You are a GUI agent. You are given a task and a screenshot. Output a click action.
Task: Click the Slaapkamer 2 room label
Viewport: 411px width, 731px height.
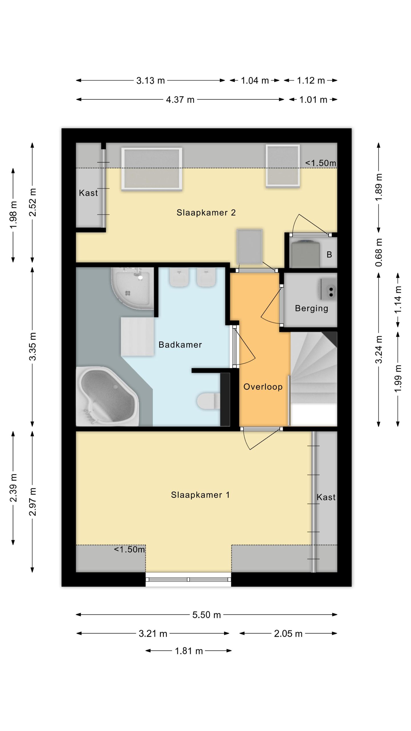point(206,213)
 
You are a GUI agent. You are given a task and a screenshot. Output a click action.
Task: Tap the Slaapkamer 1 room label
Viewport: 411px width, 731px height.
point(200,495)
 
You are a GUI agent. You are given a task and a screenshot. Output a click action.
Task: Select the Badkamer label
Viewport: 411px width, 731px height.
point(180,345)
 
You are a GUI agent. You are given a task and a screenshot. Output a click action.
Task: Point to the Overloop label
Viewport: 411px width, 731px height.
point(263,387)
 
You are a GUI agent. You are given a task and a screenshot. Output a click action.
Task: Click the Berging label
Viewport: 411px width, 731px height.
point(311,308)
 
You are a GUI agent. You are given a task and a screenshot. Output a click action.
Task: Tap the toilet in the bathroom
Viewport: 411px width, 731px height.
point(208,401)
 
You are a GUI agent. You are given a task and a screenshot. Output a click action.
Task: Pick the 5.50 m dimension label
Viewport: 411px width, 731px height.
point(207,614)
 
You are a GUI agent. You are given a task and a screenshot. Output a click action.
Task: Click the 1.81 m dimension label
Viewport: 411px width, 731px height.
point(189,651)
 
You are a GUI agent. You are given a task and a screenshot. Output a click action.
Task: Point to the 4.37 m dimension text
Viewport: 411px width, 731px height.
point(180,100)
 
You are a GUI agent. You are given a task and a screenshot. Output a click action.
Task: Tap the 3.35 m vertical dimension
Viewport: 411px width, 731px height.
point(33,346)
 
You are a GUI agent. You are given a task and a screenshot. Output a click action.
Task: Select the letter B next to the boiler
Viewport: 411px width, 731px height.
point(329,254)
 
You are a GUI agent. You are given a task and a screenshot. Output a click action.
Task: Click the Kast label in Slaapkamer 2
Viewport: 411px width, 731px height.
point(88,193)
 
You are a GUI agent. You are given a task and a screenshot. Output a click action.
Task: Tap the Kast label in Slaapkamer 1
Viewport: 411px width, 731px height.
point(326,497)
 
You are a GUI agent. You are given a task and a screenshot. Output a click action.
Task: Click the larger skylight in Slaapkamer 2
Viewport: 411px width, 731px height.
point(152,169)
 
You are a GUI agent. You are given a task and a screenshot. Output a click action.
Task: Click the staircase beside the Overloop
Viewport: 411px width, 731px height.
point(313,379)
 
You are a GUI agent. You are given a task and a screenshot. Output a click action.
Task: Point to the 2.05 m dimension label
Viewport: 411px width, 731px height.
point(288,634)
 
